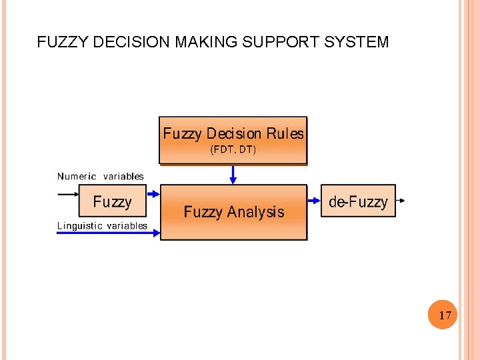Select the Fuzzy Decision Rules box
click(x=233, y=141)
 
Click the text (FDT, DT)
click(x=233, y=150)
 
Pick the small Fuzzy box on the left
click(x=112, y=201)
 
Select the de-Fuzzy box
click(x=358, y=201)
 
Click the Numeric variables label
click(x=101, y=177)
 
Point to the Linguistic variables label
click(x=102, y=226)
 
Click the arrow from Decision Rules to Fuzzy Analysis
click(x=233, y=175)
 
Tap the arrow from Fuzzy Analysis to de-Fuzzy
click(x=314, y=199)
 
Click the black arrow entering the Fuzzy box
click(x=67, y=195)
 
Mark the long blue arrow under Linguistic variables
click(x=107, y=233)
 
